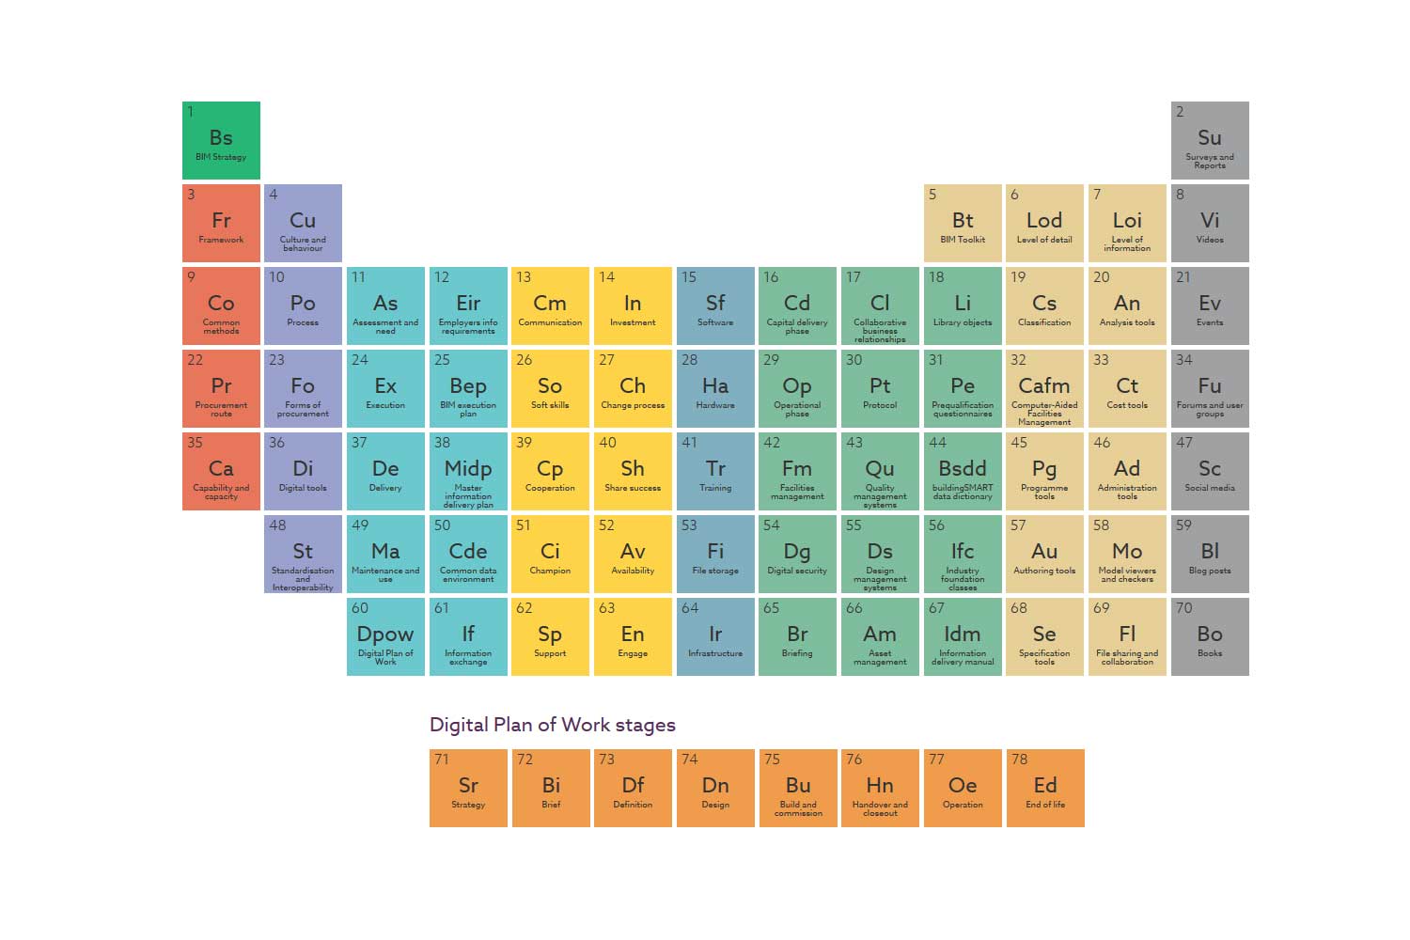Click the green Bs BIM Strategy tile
(221, 140)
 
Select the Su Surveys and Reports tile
(1210, 140)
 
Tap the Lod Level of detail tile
(1044, 223)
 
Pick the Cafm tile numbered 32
(1044, 388)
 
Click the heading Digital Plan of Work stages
(553, 725)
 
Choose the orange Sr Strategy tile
(468, 788)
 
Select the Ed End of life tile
(1045, 788)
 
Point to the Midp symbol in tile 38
(468, 468)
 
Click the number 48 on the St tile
(277, 525)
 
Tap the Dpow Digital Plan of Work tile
(385, 636)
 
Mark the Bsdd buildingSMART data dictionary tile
(963, 471)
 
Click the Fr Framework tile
(221, 223)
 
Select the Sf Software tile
(715, 305)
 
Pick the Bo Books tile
(1210, 636)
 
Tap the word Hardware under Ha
(715, 405)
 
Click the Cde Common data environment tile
(468, 554)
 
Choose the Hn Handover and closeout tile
(880, 788)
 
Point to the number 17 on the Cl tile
(854, 277)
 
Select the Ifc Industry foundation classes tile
(963, 554)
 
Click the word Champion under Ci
(550, 571)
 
